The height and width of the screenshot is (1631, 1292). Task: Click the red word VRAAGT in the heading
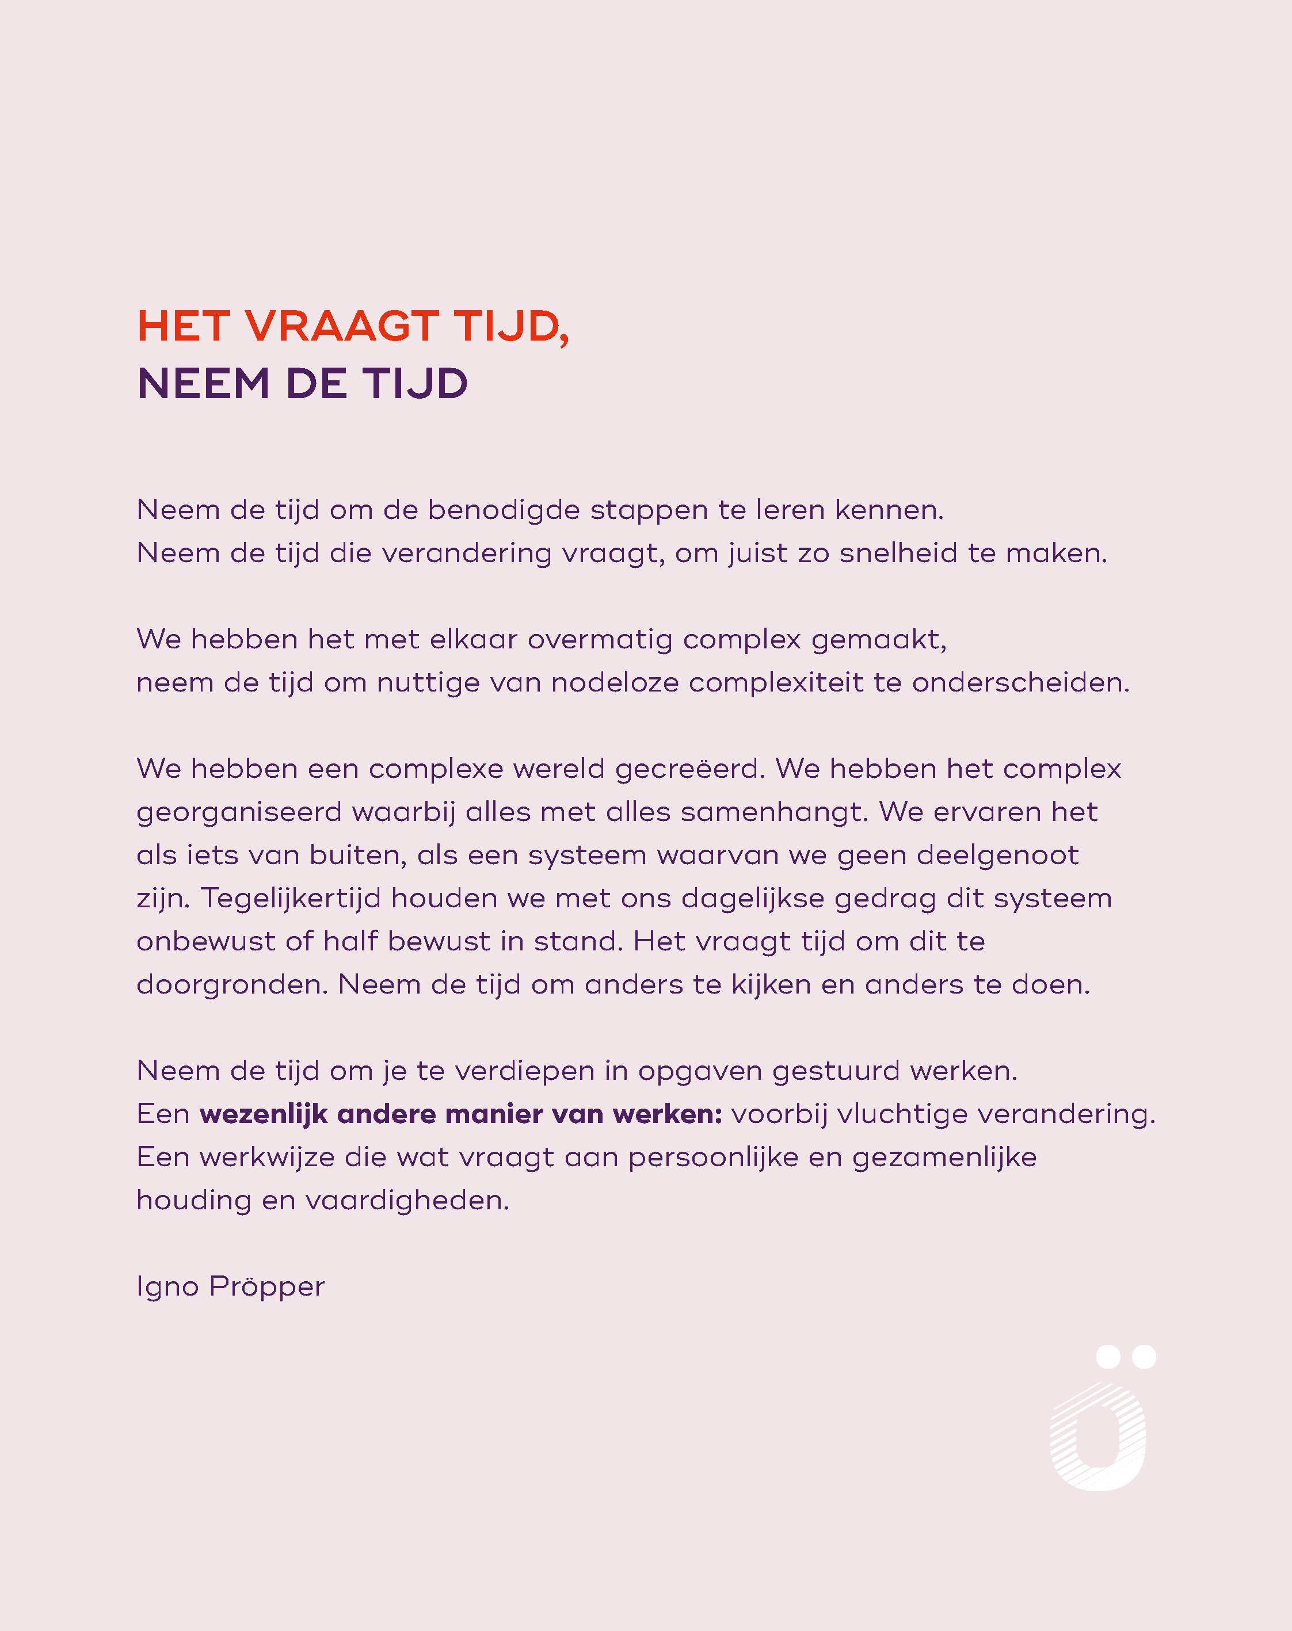click(341, 327)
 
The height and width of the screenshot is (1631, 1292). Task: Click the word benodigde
click(504, 510)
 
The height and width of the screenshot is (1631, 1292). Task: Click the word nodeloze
click(614, 683)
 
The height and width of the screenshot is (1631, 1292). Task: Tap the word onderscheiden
click(1020, 683)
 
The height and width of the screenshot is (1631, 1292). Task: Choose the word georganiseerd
click(239, 813)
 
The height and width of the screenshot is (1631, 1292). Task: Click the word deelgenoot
click(997, 855)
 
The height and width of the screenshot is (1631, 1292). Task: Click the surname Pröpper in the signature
click(267, 1287)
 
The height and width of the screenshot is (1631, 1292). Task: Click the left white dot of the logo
click(1108, 1357)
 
